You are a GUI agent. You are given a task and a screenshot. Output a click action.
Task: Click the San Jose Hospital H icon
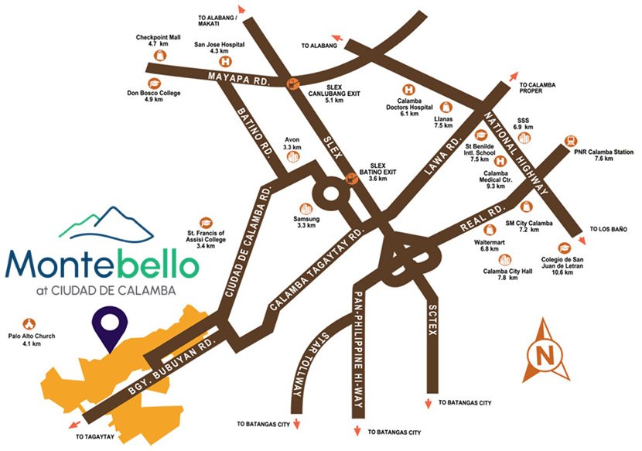227,61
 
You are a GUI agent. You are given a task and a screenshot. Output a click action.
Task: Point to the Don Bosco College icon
153,83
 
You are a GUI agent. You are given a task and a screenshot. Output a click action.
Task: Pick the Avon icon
293,157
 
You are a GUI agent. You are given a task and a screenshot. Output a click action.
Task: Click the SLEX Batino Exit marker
350,177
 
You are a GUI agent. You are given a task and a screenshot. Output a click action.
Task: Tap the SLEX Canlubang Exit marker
292,84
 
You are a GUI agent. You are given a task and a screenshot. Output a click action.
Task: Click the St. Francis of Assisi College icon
205,222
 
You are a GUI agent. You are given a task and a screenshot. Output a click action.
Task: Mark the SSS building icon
527,138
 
